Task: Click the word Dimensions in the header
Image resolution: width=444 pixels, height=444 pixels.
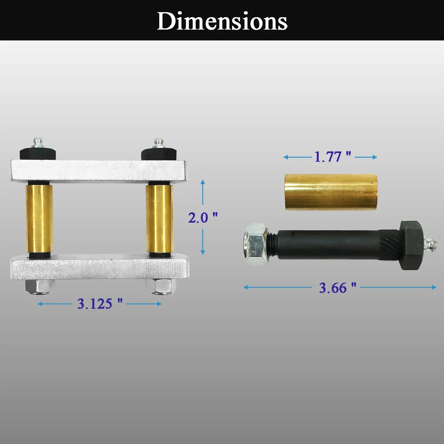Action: (x=222, y=21)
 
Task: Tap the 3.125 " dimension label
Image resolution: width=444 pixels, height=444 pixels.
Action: (x=100, y=303)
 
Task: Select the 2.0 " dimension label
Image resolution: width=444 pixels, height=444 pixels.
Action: (x=203, y=218)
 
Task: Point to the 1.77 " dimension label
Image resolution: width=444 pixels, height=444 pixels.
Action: (x=333, y=157)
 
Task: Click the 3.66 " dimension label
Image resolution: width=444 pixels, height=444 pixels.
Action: (x=337, y=287)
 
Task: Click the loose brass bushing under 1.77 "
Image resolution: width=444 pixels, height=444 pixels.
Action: (x=331, y=192)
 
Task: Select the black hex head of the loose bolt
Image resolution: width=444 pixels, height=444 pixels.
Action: (x=412, y=245)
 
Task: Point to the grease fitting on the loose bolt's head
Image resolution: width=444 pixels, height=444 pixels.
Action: (x=430, y=245)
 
